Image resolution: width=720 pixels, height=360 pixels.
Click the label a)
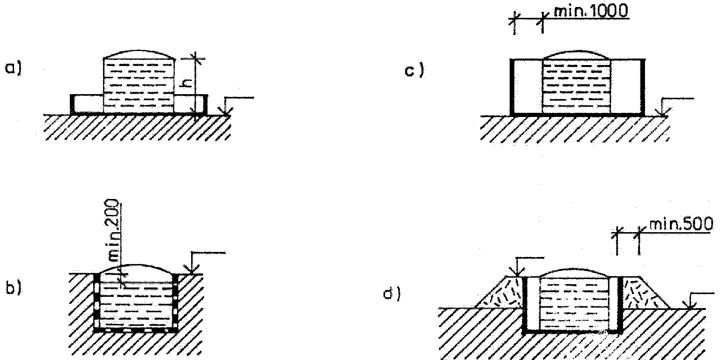coord(13,68)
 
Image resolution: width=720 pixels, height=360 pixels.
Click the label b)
coord(13,287)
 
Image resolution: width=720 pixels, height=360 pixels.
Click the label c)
coord(414,70)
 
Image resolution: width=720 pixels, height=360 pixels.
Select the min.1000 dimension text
coord(590,10)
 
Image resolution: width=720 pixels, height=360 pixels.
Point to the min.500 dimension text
coord(681,224)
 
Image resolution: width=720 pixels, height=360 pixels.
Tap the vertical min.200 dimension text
coord(111,230)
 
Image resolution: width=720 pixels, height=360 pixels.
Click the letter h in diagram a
coord(186,83)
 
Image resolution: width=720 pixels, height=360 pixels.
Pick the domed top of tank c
coord(577,54)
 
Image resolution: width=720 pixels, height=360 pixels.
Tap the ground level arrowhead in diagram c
coord(664,112)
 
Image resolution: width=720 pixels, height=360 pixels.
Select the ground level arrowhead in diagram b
coord(192,269)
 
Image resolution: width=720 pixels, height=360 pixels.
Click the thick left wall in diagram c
coord(512,86)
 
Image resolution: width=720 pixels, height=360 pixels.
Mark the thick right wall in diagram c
coord(642,86)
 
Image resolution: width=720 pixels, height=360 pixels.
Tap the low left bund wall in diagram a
coord(73,104)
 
